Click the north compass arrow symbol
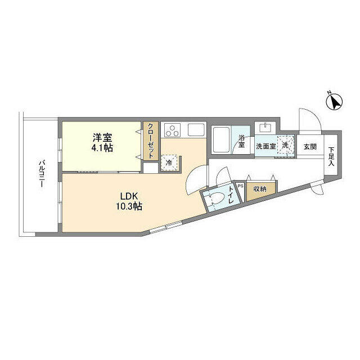[334, 101]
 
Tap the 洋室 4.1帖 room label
[102, 143]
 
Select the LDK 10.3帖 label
[129, 201]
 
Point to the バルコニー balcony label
[41, 174]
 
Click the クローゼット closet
[151, 141]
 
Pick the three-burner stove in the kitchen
[172, 130]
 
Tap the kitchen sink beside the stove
[196, 130]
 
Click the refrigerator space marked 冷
[169, 163]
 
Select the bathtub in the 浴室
[221, 140]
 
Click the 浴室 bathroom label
[241, 141]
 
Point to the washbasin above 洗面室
[265, 128]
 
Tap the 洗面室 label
[266, 146]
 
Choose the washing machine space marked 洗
[286, 145]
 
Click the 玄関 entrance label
[310, 146]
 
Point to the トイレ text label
[231, 195]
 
